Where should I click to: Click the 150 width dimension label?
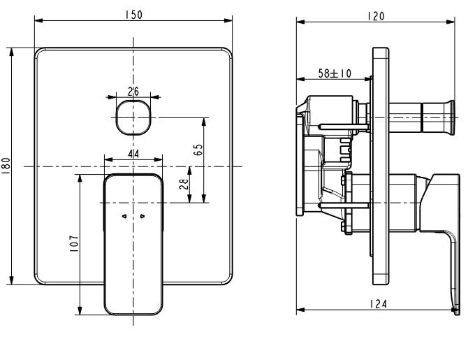pos(133,14)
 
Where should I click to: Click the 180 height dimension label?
pos(6,166)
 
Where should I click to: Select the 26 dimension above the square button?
pos(133,91)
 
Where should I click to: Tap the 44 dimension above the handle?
pos(133,152)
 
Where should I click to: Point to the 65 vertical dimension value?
pos(198,150)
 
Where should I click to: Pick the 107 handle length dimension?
pos(75,243)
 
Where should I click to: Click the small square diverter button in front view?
pos(133,117)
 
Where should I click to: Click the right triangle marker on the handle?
pos(142,217)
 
